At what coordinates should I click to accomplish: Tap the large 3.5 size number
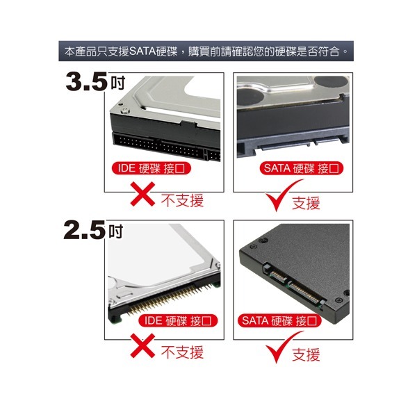pyautogui.click(x=87, y=81)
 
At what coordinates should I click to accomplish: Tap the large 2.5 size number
pyautogui.click(x=85, y=230)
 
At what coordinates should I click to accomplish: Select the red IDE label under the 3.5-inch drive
pyautogui.click(x=152, y=168)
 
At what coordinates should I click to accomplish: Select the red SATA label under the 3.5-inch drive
pyautogui.click(x=302, y=168)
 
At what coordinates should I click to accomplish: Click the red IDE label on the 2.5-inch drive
pyautogui.click(x=178, y=320)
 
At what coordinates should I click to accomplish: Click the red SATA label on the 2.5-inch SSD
pyautogui.click(x=279, y=320)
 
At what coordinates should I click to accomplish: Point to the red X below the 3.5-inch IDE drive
pyautogui.click(x=142, y=194)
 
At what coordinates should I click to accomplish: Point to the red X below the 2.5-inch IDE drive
pyautogui.click(x=142, y=345)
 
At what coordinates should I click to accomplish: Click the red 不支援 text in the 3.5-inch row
pyautogui.click(x=182, y=201)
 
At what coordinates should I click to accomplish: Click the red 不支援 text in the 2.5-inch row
pyautogui.click(x=182, y=352)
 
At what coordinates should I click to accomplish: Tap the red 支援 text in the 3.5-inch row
pyautogui.click(x=306, y=203)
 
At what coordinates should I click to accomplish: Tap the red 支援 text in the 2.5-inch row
pyautogui.click(x=306, y=354)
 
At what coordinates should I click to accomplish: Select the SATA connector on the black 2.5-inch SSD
pyautogui.click(x=294, y=286)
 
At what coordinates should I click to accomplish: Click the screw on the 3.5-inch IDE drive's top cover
pyautogui.click(x=124, y=111)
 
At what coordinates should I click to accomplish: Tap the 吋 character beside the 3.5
pyautogui.click(x=118, y=83)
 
